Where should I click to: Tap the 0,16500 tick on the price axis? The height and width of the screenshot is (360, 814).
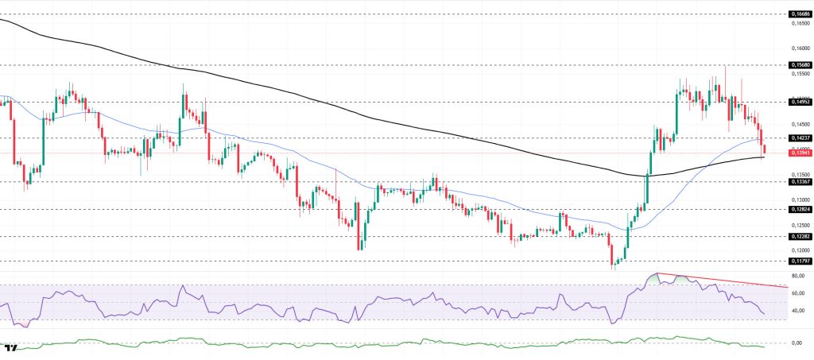(800, 24)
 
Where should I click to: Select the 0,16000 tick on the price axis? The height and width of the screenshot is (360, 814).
(800, 48)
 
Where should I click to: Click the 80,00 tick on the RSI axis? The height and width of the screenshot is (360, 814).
(798, 276)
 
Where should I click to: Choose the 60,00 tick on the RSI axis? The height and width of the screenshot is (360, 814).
(798, 293)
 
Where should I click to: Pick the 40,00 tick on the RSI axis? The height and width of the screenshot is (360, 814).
(798, 311)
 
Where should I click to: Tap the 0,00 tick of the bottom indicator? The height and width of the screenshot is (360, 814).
(797, 343)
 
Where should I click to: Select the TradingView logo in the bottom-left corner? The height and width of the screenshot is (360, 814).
(11, 348)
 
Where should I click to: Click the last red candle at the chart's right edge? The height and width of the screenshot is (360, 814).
(764, 149)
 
